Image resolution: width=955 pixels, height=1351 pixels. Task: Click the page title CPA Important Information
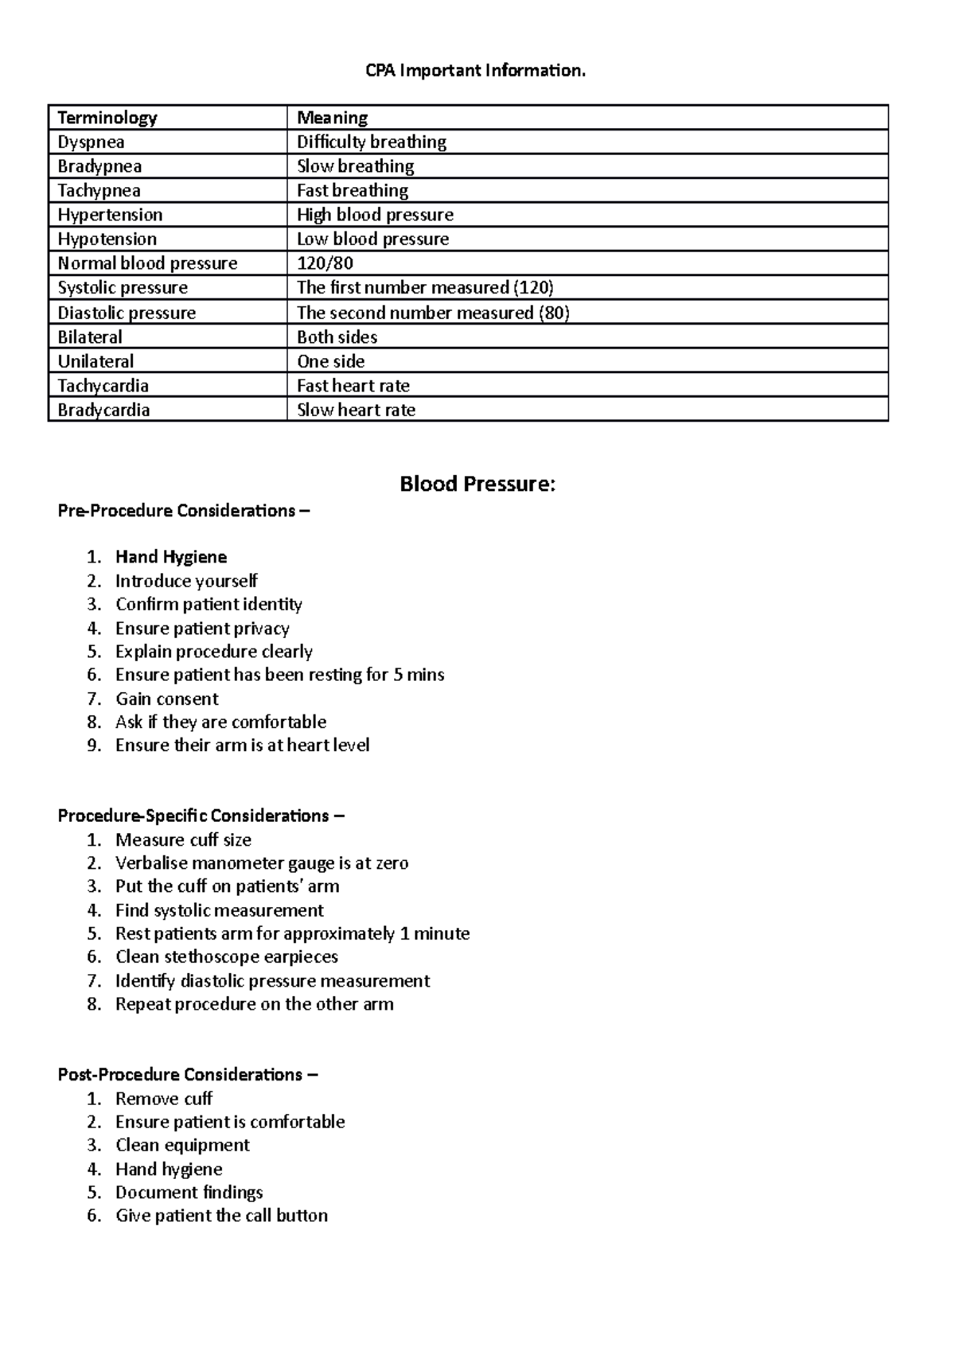point(476,71)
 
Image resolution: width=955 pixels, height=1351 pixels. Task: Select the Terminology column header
point(107,118)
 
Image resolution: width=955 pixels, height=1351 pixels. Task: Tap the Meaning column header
point(332,118)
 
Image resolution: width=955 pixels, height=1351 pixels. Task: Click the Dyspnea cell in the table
point(91,142)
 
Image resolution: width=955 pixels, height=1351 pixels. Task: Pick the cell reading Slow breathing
point(355,166)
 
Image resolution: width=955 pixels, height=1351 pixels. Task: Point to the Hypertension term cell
point(110,215)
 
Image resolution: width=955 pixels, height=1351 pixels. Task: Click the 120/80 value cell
point(325,263)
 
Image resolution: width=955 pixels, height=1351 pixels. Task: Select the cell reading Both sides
point(337,337)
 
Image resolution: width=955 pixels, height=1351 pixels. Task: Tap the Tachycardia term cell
point(103,386)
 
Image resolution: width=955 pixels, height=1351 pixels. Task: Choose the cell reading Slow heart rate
point(356,411)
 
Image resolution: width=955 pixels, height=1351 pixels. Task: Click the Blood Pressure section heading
point(477,484)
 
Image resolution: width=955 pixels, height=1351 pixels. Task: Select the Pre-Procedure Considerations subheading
point(183,511)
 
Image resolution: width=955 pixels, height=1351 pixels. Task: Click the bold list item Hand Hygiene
point(171,557)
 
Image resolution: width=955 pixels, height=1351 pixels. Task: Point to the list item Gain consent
point(166,699)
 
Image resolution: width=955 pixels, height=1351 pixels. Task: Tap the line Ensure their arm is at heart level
point(242,746)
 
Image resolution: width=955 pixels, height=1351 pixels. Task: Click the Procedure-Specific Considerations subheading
point(201,816)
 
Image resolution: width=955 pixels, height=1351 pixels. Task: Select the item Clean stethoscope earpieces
point(227,956)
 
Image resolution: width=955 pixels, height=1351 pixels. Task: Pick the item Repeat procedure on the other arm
point(254,1004)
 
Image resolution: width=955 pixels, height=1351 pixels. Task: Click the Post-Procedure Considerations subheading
point(187,1075)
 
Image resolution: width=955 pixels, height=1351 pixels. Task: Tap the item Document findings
point(189,1192)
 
